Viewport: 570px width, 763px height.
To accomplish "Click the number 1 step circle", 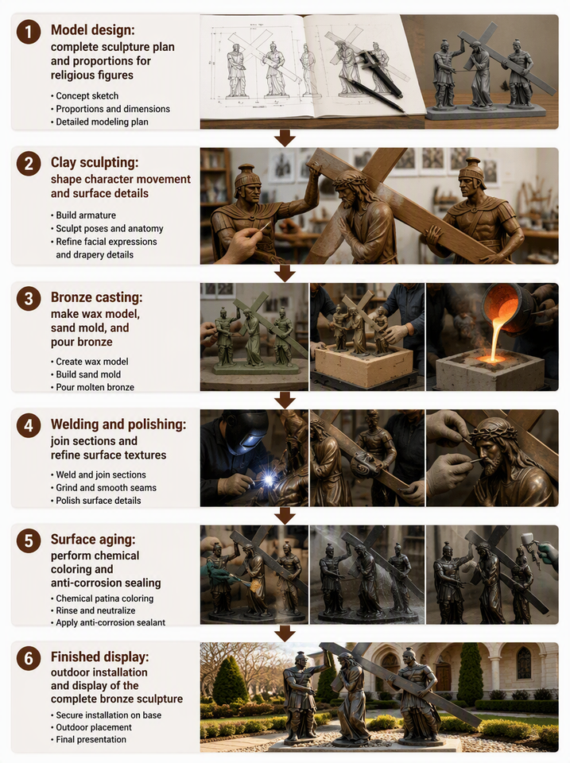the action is [29, 32].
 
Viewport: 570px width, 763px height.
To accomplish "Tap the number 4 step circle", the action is [29, 426].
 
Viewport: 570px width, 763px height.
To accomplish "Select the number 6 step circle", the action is [29, 658].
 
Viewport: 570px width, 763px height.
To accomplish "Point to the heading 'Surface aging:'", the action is [93, 539].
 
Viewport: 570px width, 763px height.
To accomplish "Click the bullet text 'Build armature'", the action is [86, 215].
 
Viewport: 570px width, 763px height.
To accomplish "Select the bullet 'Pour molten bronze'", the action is [95, 387].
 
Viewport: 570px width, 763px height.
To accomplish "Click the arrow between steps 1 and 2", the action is [285, 137].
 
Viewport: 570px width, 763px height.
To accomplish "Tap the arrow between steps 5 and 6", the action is [285, 633].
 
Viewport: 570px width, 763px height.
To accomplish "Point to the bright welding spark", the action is [268, 480].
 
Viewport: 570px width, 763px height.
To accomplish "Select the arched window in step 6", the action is [524, 664].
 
